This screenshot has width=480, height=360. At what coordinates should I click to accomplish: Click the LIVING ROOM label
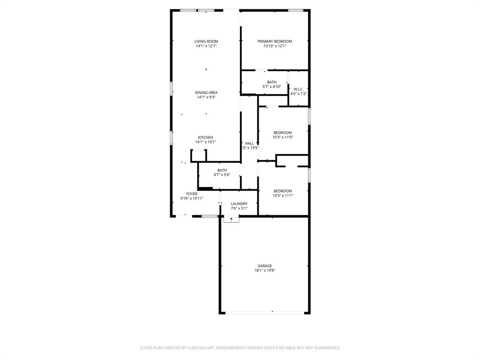[x=206, y=41]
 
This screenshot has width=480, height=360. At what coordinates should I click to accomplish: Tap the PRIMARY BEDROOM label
[x=275, y=41]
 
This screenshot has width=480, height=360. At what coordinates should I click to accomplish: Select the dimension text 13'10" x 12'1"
[x=275, y=46]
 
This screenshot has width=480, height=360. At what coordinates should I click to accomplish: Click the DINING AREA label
[x=206, y=92]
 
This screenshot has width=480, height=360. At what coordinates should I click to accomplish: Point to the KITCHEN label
[x=205, y=137]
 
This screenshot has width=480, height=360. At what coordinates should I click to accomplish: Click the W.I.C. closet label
[x=298, y=89]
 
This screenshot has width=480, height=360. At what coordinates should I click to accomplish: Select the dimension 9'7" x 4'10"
[x=271, y=87]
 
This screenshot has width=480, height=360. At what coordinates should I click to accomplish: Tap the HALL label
[x=249, y=143]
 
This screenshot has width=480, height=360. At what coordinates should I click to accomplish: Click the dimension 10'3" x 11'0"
[x=283, y=137]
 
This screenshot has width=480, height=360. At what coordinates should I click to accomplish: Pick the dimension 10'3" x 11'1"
[x=283, y=195]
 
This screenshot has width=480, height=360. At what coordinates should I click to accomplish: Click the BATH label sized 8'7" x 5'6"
[x=222, y=170]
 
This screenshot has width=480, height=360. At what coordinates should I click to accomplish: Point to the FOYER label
[x=192, y=194]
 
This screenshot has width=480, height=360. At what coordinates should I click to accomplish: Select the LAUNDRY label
[x=239, y=204]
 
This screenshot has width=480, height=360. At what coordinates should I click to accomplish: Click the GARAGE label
[x=264, y=266]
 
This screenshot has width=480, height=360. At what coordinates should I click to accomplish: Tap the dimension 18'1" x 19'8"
[x=264, y=270]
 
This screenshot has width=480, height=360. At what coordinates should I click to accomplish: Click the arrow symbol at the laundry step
[x=231, y=219]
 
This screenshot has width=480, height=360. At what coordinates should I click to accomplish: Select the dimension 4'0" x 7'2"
[x=298, y=94]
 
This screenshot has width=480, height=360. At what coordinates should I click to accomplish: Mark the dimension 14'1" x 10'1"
[x=205, y=142]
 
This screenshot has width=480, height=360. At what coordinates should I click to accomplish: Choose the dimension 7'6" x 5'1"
[x=239, y=209]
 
